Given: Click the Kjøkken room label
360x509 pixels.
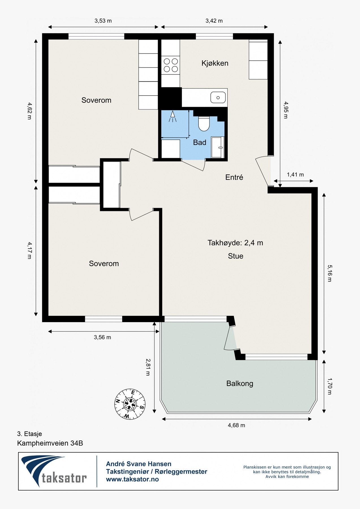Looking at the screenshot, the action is click(215, 63).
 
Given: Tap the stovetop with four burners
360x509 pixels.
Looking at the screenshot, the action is click(171, 65).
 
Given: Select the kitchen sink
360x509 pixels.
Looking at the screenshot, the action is click(218, 98).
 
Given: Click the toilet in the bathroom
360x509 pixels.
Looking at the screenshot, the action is click(203, 124).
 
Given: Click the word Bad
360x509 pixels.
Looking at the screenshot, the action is click(200, 143).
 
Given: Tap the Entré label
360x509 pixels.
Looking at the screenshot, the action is click(234, 177).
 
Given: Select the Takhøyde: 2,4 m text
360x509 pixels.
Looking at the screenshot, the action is click(235, 243).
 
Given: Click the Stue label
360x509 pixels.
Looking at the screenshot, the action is click(236, 256).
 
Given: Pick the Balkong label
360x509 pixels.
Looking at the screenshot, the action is click(240, 384).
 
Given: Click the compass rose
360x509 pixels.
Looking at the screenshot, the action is click(130, 404).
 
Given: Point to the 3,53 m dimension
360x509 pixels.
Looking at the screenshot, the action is click(103, 21).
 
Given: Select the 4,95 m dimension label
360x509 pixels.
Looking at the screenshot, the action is click(286, 110).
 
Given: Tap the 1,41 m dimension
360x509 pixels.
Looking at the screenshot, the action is click(295, 175).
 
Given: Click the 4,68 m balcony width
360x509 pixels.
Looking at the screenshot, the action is click(236, 425).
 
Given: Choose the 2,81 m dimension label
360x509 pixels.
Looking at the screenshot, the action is click(148, 367).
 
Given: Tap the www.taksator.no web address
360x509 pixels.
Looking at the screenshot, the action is click(132, 479).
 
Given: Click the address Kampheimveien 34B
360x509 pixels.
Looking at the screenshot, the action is click(50, 443).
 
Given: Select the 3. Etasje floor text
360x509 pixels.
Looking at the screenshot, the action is click(29, 434).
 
